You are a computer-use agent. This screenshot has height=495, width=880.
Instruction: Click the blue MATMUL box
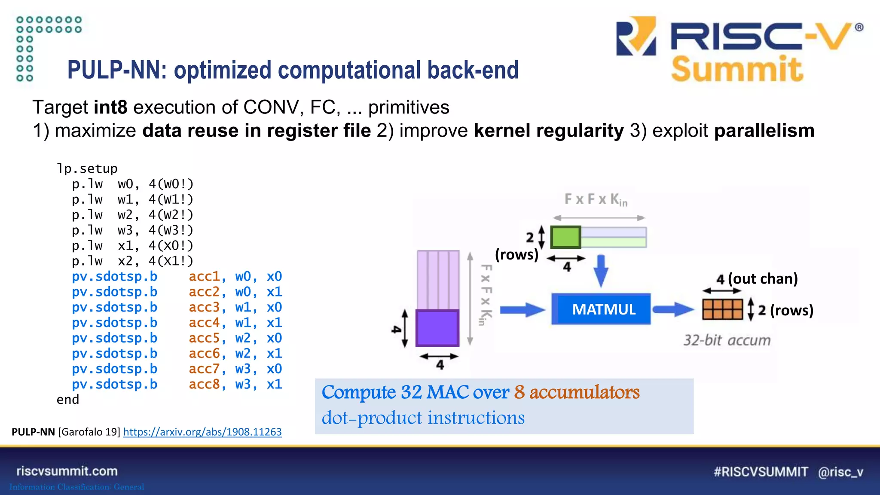click(x=601, y=309)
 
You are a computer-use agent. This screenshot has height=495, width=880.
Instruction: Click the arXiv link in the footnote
click(x=202, y=432)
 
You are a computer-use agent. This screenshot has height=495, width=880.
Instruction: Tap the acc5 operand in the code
click(x=205, y=338)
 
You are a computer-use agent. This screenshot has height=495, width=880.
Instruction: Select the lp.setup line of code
click(x=87, y=168)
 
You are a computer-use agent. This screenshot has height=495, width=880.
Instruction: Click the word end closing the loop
click(x=68, y=400)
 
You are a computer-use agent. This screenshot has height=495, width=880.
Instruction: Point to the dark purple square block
click(x=437, y=328)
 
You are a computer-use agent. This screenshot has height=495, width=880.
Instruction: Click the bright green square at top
click(x=565, y=237)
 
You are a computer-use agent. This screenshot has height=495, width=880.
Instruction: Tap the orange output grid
click(x=722, y=309)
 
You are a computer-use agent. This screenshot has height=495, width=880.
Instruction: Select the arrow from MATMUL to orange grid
click(x=673, y=309)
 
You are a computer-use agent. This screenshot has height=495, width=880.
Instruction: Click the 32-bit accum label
click(x=727, y=340)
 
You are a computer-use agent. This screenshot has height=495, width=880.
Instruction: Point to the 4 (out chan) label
click(x=757, y=279)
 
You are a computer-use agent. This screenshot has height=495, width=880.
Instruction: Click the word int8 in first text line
click(x=110, y=107)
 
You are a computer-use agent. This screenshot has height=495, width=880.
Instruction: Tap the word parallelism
click(x=764, y=131)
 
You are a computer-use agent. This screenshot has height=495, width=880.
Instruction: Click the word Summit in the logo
click(x=737, y=70)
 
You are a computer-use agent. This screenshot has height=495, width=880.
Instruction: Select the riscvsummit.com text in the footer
click(x=67, y=471)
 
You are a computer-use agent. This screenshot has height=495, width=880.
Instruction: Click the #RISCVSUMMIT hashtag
click(x=761, y=472)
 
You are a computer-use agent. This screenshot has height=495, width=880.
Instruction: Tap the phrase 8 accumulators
click(x=577, y=392)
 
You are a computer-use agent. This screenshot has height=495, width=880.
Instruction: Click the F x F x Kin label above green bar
click(x=596, y=200)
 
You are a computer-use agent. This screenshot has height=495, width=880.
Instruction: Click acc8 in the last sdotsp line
click(x=205, y=385)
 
